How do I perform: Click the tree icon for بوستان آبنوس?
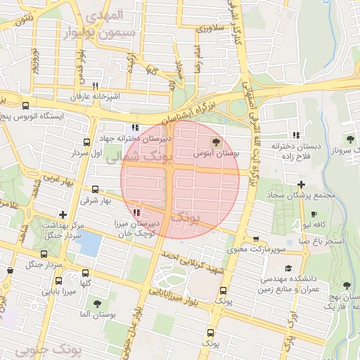215,142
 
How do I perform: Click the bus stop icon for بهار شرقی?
96,189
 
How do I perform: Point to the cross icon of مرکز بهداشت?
63,214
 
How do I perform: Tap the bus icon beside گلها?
86,273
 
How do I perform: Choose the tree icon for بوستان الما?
97,304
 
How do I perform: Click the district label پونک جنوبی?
47,349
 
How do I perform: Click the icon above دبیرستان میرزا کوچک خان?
136,212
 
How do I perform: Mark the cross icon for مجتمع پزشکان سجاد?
301,184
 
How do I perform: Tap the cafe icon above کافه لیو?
313,214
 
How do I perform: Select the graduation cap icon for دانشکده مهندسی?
288,268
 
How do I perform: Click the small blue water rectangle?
90,243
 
